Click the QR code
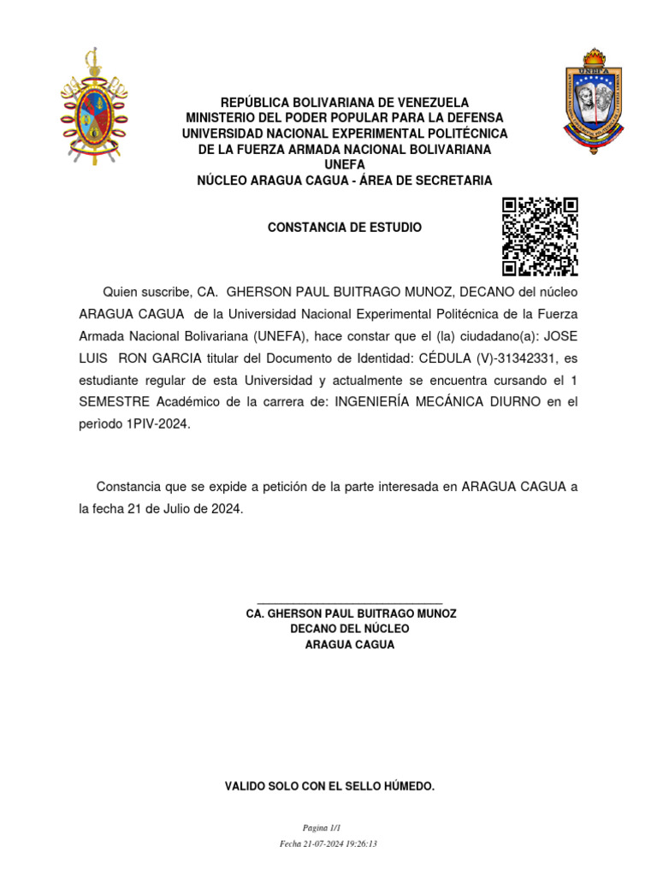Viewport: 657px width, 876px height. coord(540,236)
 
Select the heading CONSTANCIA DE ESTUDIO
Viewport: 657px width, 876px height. coord(345,228)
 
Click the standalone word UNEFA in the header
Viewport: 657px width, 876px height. coord(345,164)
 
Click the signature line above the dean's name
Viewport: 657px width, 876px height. coord(349,603)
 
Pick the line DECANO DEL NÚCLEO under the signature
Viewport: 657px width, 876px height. coord(350,629)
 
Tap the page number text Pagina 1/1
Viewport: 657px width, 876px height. coord(322,828)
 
